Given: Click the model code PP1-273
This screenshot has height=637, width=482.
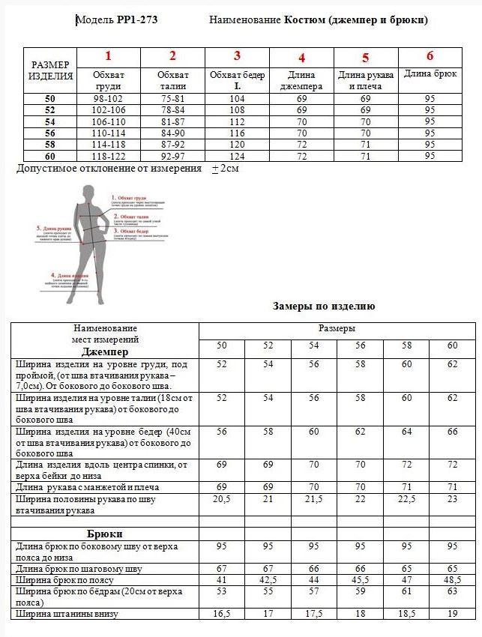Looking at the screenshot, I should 137,20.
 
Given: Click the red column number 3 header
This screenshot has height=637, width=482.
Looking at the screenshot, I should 237,55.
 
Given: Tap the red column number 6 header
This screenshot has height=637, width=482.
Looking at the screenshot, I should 430,55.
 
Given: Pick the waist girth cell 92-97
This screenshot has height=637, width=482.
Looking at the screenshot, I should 172,155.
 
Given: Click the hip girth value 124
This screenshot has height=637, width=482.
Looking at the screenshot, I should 237,155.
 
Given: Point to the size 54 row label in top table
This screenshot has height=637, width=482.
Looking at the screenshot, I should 50,121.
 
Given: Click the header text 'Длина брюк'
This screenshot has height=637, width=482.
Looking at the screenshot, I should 430,74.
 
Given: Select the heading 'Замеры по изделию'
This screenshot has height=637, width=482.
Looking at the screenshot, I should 324,307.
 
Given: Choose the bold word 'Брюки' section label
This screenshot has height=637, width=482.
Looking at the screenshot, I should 105,534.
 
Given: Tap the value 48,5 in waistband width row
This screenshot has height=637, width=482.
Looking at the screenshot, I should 452,579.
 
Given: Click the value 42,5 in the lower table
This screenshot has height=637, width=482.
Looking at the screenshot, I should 268,579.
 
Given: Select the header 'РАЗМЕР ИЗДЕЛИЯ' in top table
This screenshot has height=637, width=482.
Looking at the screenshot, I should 50,70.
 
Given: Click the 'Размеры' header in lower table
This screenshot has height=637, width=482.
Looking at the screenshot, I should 337,328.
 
